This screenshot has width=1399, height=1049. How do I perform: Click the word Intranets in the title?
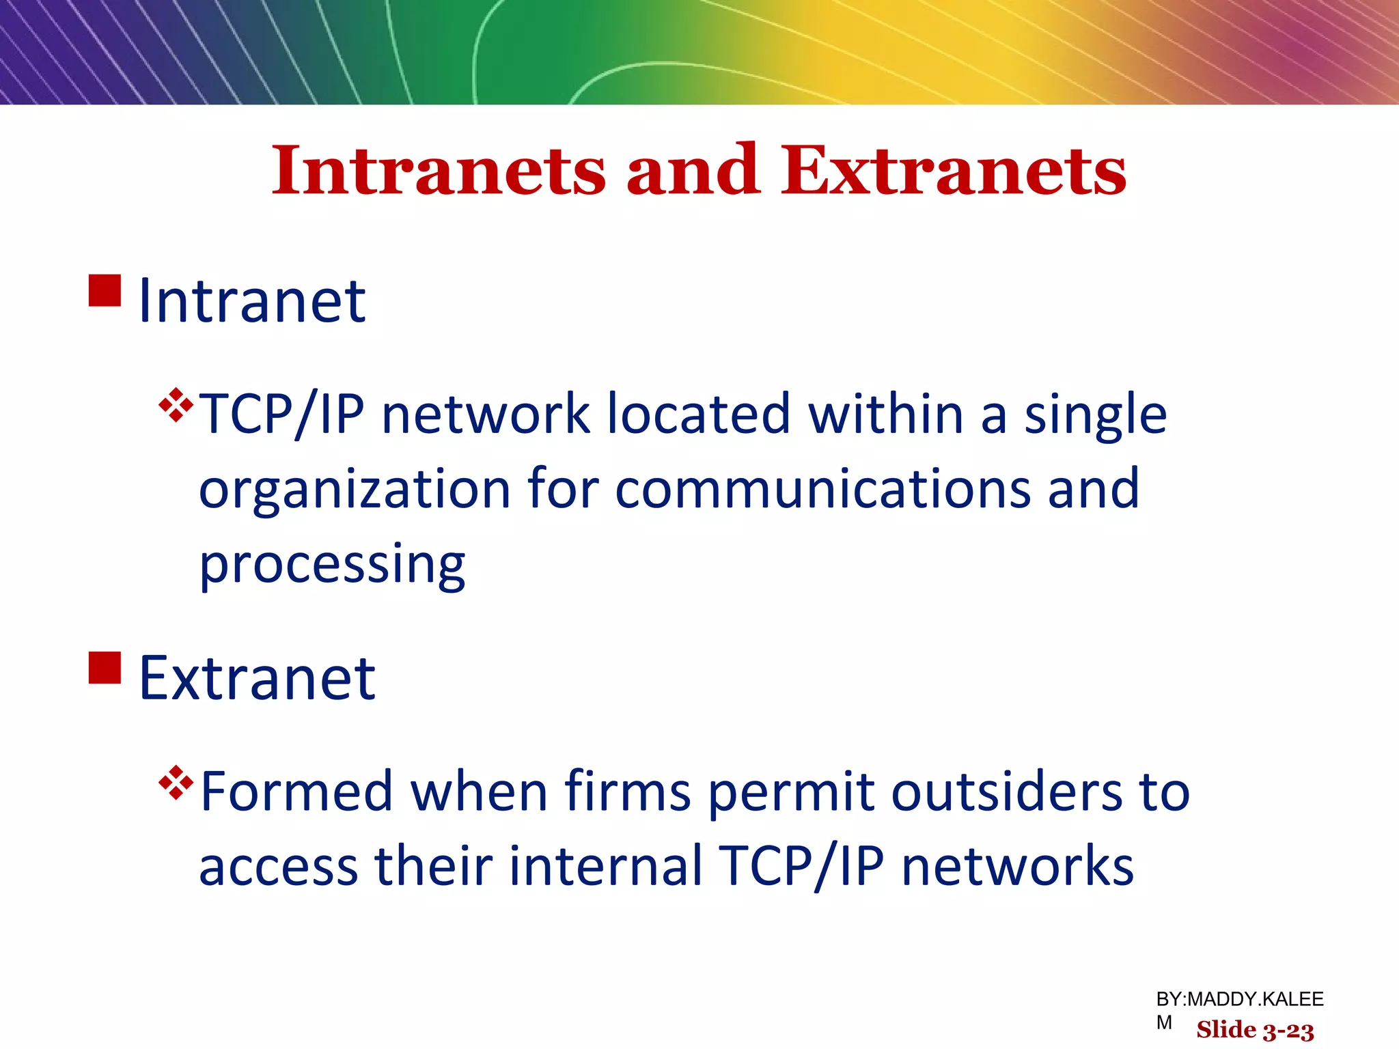pyautogui.click(x=439, y=171)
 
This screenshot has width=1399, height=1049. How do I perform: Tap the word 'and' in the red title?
pyautogui.click(x=693, y=171)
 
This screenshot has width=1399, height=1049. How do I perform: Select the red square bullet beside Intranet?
pyautogui.click(x=105, y=290)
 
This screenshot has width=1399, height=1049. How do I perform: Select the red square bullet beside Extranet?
pyautogui.click(x=105, y=667)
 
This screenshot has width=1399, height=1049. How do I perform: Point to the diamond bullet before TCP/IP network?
pyautogui.click(x=176, y=405)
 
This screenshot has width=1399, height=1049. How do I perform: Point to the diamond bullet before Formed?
pyautogui.click(x=176, y=783)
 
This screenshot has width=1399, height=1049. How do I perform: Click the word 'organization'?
pyautogui.click(x=355, y=490)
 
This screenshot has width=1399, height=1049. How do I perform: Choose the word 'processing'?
pyautogui.click(x=332, y=565)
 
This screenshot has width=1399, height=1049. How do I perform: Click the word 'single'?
pyautogui.click(x=1095, y=415)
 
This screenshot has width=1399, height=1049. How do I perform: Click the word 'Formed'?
pyautogui.click(x=297, y=792)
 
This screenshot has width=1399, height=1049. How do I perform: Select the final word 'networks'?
pyautogui.click(x=1018, y=866)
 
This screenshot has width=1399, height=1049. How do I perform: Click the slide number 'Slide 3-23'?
pyautogui.click(x=1255, y=1030)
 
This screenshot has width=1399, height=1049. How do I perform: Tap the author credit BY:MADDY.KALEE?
pyautogui.click(x=1239, y=999)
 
